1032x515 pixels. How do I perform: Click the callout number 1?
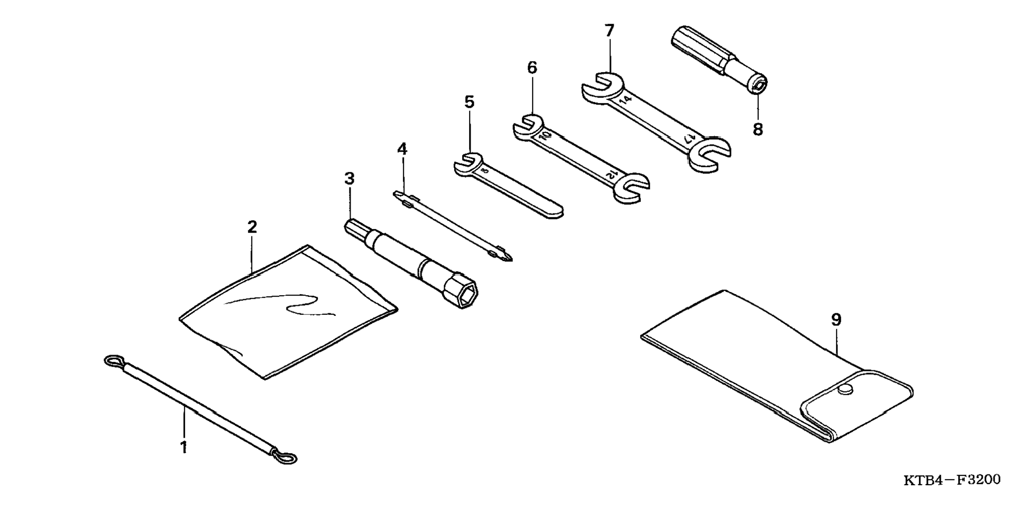pos(184,447)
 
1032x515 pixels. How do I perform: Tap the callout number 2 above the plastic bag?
pos(252,227)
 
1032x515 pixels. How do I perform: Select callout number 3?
pos(350,179)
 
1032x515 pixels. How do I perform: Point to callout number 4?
pos(402,149)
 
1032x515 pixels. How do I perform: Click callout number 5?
pos(469,102)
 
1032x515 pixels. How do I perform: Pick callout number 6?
pos(532,68)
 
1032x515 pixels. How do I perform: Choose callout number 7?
pos(609,31)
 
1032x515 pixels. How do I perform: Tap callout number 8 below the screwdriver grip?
pos(758,129)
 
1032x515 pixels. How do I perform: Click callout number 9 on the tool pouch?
pos(836,320)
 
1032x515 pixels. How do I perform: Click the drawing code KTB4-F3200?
pos(951,480)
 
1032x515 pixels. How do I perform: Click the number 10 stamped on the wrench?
pos(545,136)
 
